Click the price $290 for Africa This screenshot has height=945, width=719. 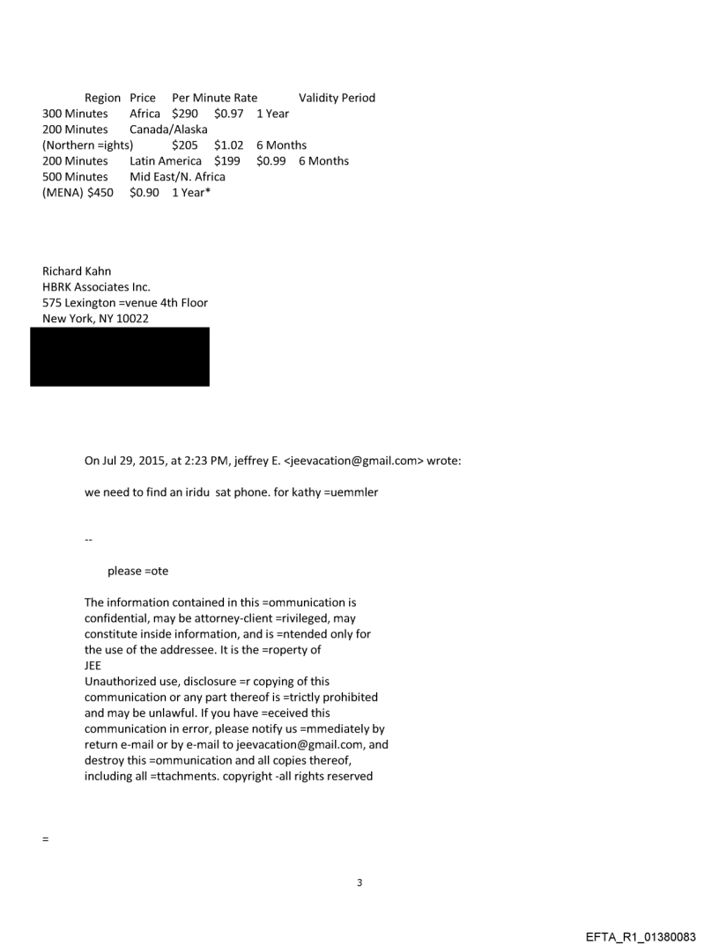point(185,114)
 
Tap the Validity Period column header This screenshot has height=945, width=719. point(337,98)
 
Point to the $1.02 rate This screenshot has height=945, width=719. point(228,145)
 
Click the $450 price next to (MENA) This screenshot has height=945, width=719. point(100,193)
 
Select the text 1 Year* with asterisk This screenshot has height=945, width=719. point(192,193)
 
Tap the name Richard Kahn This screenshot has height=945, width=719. point(78,271)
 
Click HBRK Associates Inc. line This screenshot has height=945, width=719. point(97,287)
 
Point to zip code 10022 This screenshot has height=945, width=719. point(130,319)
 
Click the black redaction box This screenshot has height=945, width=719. point(120,357)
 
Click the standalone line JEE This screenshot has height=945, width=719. point(93,666)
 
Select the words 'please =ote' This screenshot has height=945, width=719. point(137,571)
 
